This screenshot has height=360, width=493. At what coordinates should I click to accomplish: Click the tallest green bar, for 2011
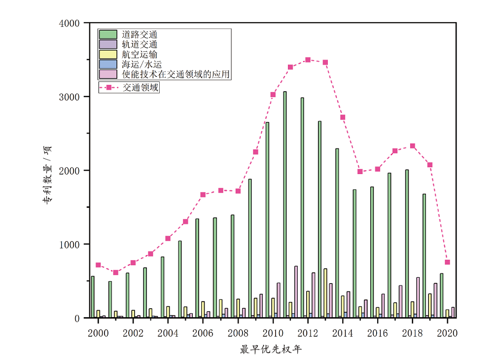[x=285, y=205]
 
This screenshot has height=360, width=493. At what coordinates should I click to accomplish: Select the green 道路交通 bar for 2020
[x=442, y=296]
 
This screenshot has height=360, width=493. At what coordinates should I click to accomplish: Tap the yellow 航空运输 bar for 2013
[x=325, y=293]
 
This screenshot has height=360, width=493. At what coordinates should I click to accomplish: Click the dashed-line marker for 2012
[x=308, y=60]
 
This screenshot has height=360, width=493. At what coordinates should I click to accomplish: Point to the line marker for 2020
[x=447, y=262]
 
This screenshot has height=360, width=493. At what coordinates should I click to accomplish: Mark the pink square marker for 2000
[x=98, y=265]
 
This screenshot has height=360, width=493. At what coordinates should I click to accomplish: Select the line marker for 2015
[x=360, y=172]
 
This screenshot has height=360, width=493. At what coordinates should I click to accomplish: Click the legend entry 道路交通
[x=140, y=35]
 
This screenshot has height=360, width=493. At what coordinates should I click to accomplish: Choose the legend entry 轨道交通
[x=140, y=44]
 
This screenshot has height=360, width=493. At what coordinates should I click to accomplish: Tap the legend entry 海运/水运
[x=142, y=64]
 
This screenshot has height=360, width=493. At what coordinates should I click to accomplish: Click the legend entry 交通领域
[x=141, y=88]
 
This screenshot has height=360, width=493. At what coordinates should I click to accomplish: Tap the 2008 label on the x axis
[x=238, y=333]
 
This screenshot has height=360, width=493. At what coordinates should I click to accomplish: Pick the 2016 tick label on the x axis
[x=377, y=333]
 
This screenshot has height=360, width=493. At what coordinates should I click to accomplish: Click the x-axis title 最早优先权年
[x=271, y=350]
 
